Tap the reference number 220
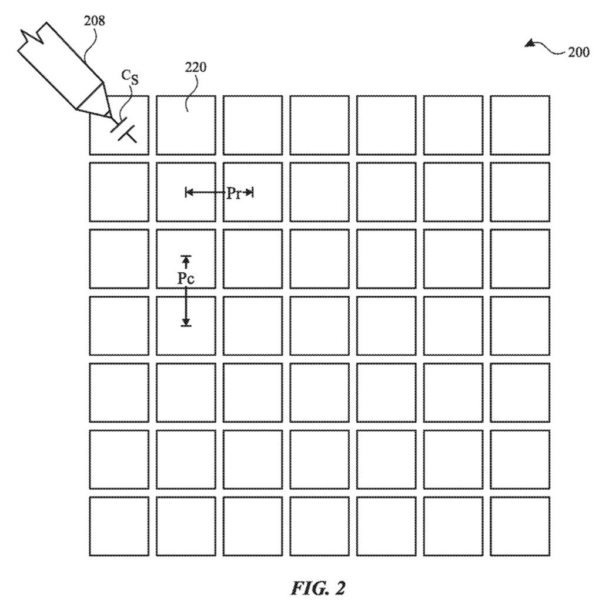click(196, 67)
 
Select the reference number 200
click(578, 52)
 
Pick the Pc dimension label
click(186, 279)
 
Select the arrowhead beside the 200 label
click(531, 43)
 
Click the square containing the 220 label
click(186, 125)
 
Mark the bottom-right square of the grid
click(520, 526)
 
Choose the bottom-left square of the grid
click(119, 526)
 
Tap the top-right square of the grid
click(520, 125)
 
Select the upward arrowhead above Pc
click(186, 259)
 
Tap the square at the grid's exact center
click(319, 325)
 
